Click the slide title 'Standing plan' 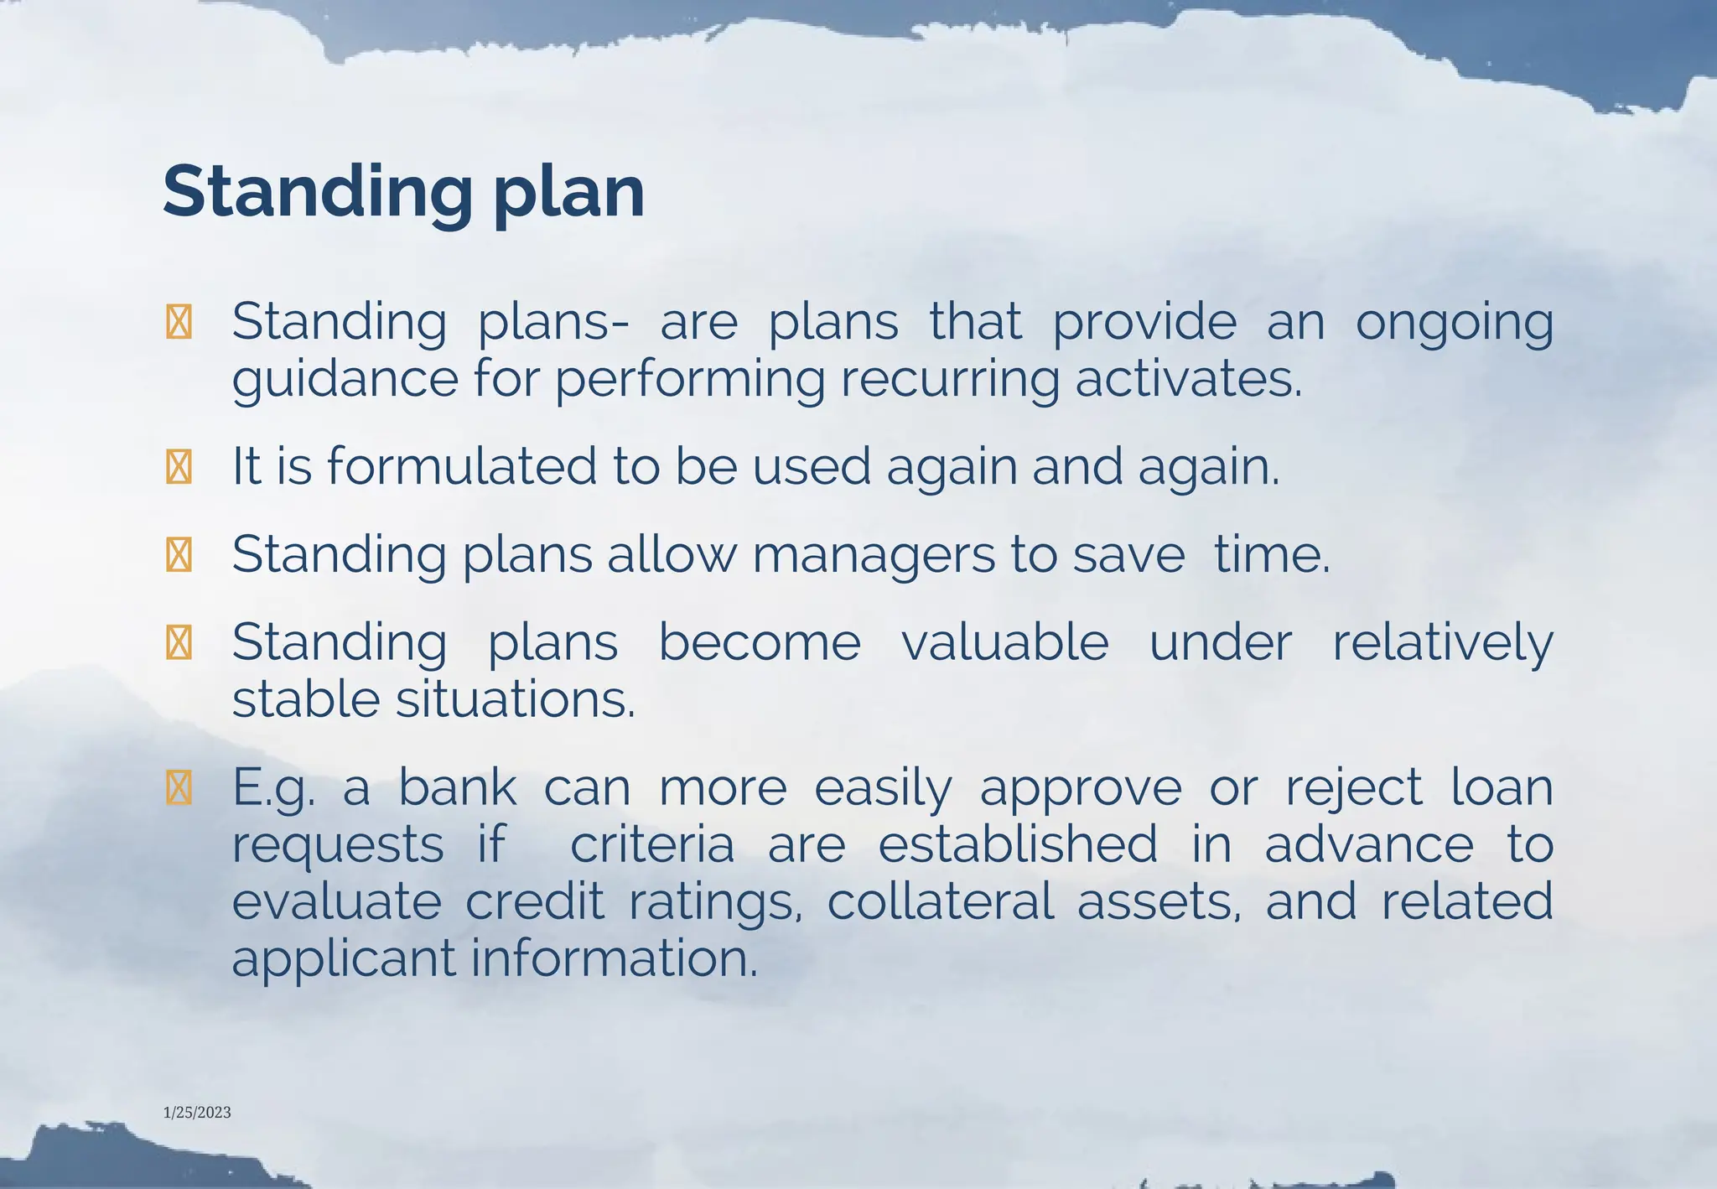pos(403,192)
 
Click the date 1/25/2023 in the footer pos(197,1113)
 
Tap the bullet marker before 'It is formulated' pos(179,467)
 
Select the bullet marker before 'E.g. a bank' pos(179,788)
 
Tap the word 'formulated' pos(462,466)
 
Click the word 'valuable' pos(1004,643)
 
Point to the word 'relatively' pos(1442,645)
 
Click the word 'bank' pos(457,787)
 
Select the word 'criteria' pos(652,844)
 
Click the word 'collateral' pos(941,901)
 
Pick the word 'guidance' pos(345,381)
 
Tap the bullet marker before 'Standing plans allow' pos(179,555)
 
